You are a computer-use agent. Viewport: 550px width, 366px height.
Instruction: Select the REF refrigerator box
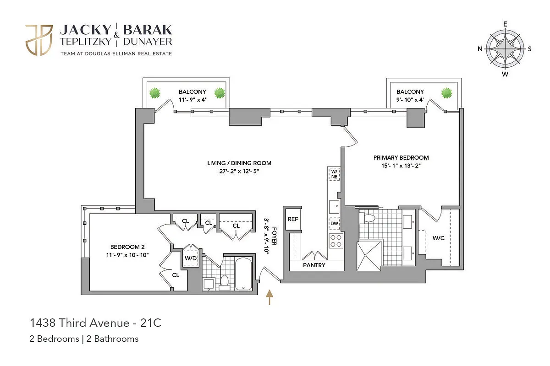click(292, 219)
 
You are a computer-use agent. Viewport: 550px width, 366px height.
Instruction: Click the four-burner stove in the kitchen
click(336, 241)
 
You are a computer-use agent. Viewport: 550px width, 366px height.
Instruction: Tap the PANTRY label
click(314, 265)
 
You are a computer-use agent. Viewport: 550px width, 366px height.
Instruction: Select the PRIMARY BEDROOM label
click(401, 158)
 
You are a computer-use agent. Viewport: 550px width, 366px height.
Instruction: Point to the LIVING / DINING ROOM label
click(239, 163)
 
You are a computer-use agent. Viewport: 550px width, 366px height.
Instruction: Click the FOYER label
click(274, 237)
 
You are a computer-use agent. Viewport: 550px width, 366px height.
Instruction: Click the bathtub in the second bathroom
click(242, 273)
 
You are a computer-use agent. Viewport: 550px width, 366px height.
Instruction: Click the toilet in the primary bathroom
click(369, 219)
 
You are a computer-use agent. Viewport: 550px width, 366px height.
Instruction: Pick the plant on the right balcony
click(446, 94)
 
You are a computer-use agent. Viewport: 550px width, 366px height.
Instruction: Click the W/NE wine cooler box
click(334, 174)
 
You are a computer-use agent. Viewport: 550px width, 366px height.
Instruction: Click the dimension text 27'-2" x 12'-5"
click(239, 171)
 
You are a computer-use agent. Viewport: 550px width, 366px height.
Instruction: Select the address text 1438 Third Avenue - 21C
click(96, 323)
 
